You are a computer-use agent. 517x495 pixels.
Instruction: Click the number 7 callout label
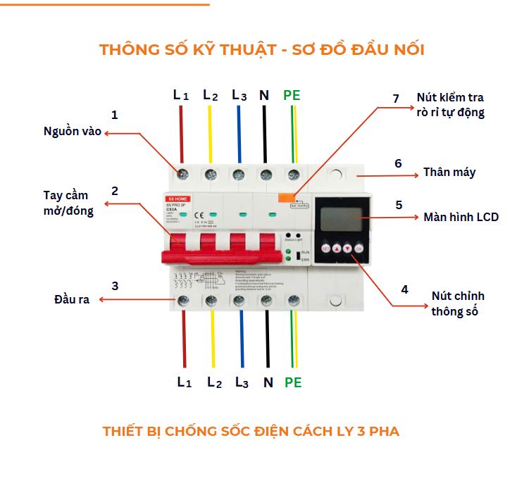click(396, 99)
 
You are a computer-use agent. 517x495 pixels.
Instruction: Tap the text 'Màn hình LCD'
click(461, 217)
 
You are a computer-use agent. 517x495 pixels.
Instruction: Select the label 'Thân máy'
click(449, 173)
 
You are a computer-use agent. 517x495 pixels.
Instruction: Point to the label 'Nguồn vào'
click(73, 132)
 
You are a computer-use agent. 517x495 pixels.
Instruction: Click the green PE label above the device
click(292, 95)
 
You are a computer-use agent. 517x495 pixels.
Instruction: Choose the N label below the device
click(268, 383)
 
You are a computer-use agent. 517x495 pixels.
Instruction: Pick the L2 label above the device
click(210, 95)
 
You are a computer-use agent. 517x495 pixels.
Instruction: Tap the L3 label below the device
click(242, 383)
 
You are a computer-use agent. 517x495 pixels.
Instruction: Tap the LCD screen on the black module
click(340, 217)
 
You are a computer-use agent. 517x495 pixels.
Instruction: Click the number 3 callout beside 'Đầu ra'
click(115, 285)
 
